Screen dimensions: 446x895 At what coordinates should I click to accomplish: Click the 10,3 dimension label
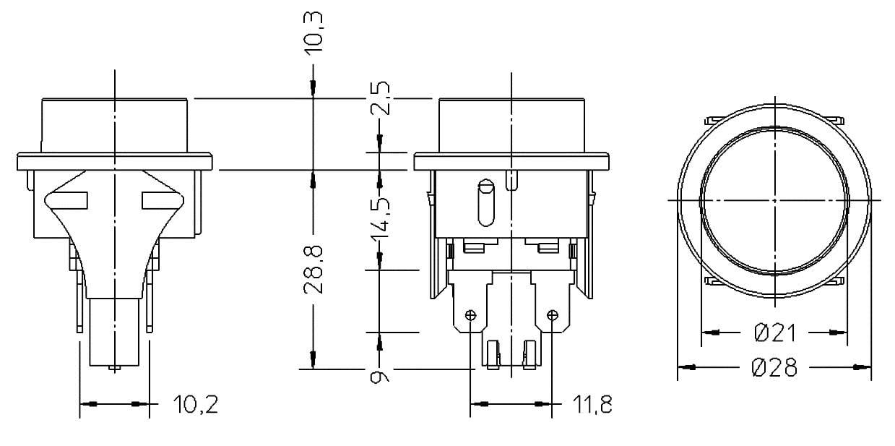pyautogui.click(x=314, y=33)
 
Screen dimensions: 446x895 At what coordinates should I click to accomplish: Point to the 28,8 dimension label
pyautogui.click(x=314, y=269)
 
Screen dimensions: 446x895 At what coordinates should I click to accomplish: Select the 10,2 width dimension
pyautogui.click(x=195, y=405)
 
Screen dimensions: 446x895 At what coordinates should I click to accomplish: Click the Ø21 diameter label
pyautogui.click(x=774, y=333)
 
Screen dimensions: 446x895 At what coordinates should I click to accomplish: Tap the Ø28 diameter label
pyautogui.click(x=774, y=368)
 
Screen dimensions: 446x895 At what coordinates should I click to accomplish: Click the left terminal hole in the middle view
pyautogui.click(x=471, y=315)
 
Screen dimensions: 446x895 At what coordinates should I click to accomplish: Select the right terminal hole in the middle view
pyautogui.click(x=553, y=315)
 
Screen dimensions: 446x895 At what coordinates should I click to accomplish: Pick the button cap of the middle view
pyautogui.click(x=511, y=124)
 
